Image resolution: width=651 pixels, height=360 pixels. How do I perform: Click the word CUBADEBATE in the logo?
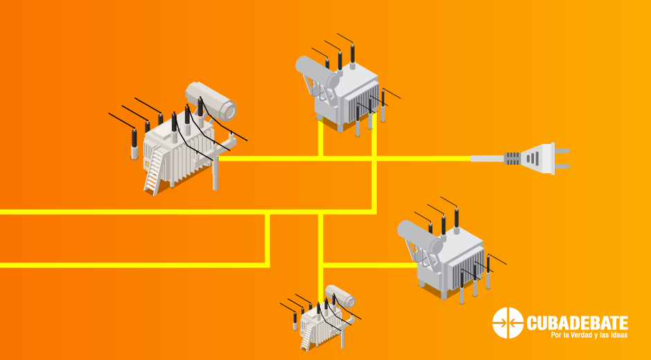[577, 323]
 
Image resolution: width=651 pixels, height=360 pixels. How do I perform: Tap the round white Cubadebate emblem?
[508, 323]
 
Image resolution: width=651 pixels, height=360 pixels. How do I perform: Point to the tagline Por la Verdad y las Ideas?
[589, 335]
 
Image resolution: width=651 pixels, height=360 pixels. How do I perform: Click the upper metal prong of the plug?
[562, 151]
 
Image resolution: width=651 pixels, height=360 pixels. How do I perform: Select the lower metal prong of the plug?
[562, 166]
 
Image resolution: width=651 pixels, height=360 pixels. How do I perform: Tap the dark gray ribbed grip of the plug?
[512, 159]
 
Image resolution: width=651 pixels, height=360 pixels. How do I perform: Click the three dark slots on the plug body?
[533, 159]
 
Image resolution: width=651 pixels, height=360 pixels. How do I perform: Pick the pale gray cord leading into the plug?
[488, 159]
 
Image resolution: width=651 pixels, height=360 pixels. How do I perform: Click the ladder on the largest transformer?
[154, 172]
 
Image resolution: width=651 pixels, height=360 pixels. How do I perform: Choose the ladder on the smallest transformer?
[307, 336]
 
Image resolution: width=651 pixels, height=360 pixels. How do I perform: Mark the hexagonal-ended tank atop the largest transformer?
[211, 100]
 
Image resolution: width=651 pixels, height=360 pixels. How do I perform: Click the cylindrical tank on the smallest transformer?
[340, 296]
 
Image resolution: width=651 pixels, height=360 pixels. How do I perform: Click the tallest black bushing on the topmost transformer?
[353, 53]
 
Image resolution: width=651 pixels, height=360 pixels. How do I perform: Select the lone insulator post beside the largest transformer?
[134, 144]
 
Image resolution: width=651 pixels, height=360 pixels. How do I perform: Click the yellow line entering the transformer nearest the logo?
[371, 265]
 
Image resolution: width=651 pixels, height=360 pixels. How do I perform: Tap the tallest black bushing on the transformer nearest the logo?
[456, 217]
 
